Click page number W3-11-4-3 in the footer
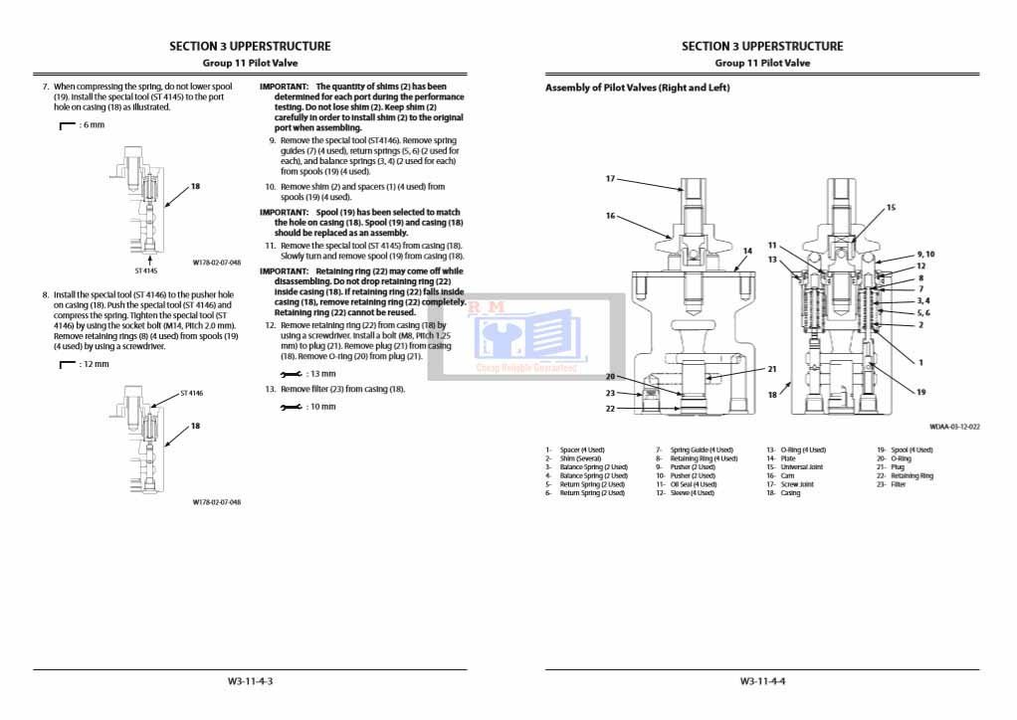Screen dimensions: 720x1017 point(250,681)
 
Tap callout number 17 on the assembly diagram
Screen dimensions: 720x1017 point(610,179)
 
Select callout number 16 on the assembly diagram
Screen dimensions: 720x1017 point(610,216)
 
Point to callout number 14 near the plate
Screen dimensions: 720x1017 point(747,251)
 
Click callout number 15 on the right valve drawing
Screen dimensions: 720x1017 point(892,208)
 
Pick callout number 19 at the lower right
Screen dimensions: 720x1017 point(920,392)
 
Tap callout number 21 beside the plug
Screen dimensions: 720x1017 point(771,369)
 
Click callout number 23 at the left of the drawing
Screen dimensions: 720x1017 point(610,393)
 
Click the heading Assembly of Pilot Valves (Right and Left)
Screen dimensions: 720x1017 point(637,88)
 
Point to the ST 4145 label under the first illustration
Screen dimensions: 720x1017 point(147,270)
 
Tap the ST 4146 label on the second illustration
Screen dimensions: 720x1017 point(191,394)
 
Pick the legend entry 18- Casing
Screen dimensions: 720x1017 point(783,493)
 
